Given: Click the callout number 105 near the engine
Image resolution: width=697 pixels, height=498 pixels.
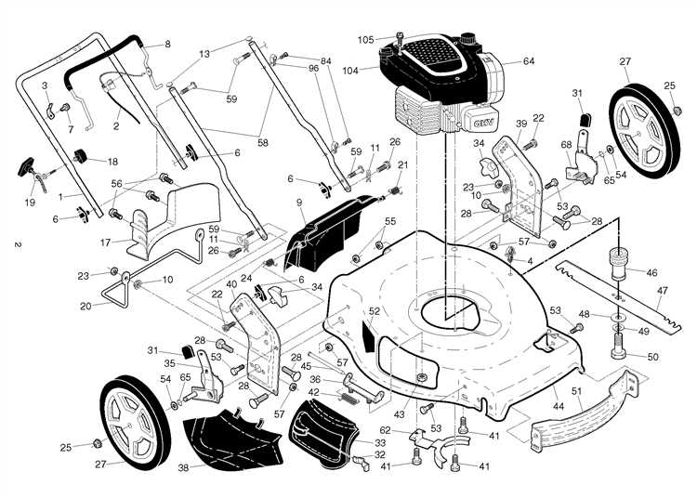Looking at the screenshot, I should (365, 39).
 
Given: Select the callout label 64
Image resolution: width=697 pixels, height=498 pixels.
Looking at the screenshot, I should (529, 61).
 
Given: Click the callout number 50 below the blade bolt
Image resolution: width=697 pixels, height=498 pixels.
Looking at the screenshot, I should (651, 357).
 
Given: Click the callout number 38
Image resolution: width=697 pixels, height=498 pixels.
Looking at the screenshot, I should (183, 467).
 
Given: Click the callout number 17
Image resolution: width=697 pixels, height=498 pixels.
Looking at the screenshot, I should (106, 242).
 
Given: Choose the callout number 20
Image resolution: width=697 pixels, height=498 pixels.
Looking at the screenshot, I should (85, 305).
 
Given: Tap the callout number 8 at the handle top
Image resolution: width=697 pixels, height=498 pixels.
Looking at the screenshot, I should (167, 44).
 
